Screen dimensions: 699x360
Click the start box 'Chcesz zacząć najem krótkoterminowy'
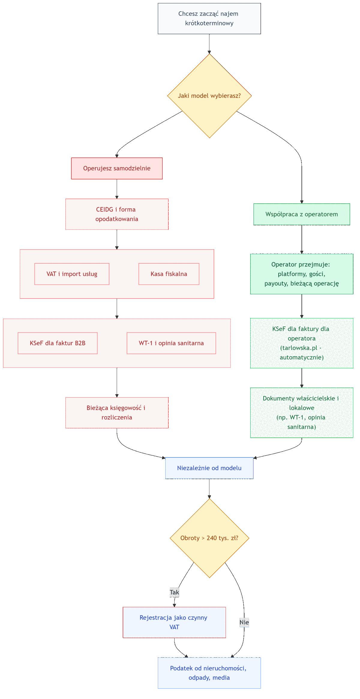tap(209, 19)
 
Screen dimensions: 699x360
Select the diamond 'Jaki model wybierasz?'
tap(209, 96)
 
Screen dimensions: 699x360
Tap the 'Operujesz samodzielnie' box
tap(117, 168)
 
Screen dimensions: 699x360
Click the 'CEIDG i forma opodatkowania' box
tap(117, 214)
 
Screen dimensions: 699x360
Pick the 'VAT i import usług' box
tap(72, 274)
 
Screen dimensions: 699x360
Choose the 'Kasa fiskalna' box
tap(169, 274)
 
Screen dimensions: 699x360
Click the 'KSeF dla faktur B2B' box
tap(58, 343)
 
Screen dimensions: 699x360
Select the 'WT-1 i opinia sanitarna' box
tap(171, 343)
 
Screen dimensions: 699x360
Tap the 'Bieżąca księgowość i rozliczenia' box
tap(117, 412)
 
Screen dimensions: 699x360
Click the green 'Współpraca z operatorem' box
tap(301, 214)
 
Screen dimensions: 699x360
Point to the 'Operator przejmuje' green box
tap(301, 274)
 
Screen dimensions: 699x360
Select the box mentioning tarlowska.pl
tap(301, 343)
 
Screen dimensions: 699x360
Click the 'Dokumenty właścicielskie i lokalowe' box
tap(301, 412)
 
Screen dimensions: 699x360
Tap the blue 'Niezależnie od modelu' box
tap(209, 468)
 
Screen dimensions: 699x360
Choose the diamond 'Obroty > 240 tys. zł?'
tap(209, 538)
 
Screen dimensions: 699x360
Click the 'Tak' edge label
tap(174, 592)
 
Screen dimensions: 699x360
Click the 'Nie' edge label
tap(244, 622)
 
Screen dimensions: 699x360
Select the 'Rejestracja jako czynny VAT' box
tap(174, 622)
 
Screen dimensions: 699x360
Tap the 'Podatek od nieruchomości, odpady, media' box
tap(209, 673)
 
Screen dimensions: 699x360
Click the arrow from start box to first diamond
tap(209, 44)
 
